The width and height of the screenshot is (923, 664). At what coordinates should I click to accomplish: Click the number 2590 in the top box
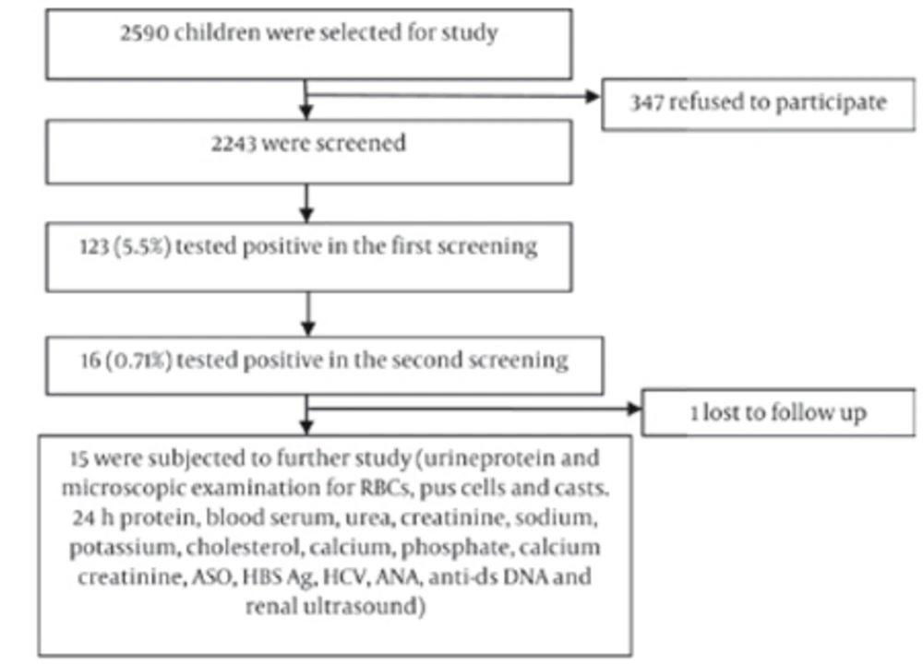[x=145, y=32]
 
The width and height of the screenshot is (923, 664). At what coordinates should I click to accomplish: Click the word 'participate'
[x=831, y=103]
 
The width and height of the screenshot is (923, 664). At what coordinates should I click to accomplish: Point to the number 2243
[x=234, y=144]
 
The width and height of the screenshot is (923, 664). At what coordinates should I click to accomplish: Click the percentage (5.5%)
[x=142, y=247]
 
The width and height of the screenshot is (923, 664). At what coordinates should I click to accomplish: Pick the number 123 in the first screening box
[x=94, y=246]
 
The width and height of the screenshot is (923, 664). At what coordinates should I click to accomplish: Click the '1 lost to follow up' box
[x=778, y=412]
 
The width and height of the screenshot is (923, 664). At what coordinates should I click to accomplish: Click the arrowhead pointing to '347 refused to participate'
[x=593, y=97]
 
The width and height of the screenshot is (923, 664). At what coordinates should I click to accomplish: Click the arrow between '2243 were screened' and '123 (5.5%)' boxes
[x=306, y=204]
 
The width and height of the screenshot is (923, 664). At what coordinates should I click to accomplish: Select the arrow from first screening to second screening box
[x=308, y=314]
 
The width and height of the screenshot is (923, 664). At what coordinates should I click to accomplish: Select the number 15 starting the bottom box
[x=78, y=458]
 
